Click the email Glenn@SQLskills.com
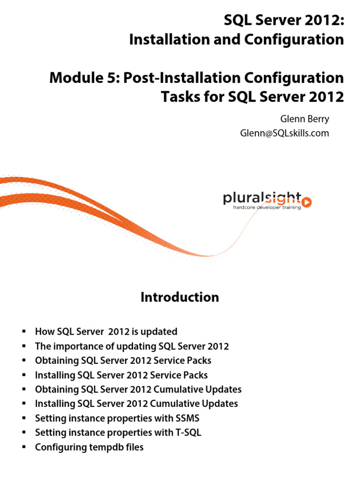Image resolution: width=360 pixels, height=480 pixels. pos(285,133)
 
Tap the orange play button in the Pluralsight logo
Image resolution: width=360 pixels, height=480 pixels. pos(307,202)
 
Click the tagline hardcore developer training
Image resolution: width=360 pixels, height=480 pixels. pos(267,207)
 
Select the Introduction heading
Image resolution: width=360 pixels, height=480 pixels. pos(180,297)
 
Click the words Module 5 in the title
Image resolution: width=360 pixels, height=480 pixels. pos(85,77)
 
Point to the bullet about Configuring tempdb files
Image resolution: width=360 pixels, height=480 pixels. pos(89,447)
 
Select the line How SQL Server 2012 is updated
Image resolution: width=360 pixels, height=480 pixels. pos(106,332)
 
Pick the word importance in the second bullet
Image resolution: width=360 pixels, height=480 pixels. pos(77,346)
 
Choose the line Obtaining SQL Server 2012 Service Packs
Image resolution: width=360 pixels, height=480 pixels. pos(123,360)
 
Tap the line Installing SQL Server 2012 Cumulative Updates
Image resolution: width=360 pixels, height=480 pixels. pos(136,404)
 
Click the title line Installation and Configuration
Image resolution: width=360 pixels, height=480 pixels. pos(236,40)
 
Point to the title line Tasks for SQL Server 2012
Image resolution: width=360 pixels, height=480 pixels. pos(252,97)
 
